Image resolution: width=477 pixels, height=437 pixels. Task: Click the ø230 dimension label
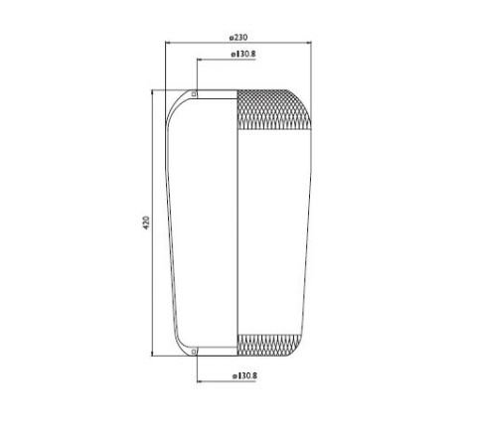click(x=238, y=37)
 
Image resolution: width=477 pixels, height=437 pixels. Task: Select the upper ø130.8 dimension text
click(x=243, y=54)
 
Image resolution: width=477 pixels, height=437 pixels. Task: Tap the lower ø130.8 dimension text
click(x=244, y=375)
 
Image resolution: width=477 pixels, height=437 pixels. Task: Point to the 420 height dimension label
click(x=146, y=222)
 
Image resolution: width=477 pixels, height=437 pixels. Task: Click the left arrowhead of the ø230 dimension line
click(x=168, y=43)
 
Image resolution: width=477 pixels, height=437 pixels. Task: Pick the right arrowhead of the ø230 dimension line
click(x=309, y=43)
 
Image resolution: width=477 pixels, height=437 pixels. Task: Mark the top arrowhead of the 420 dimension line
click(x=152, y=92)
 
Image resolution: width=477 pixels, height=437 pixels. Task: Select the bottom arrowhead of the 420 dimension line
click(x=152, y=354)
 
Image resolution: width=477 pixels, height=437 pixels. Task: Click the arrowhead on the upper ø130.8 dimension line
click(x=200, y=60)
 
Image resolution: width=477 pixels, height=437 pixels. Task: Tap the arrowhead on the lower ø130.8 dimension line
click(x=200, y=381)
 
